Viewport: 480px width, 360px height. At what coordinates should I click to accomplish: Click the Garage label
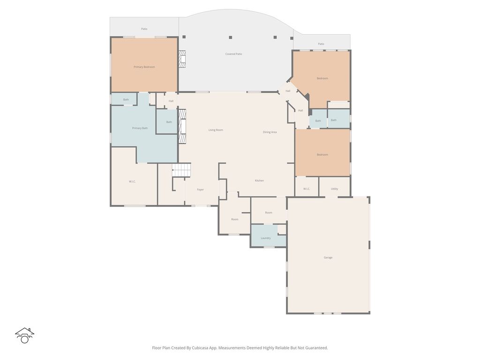click(328, 257)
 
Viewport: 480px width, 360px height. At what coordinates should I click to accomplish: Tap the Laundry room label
click(266, 238)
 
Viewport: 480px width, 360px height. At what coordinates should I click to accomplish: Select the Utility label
click(334, 189)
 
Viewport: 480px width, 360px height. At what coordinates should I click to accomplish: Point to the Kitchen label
click(259, 180)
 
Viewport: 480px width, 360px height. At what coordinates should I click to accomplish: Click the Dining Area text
click(270, 132)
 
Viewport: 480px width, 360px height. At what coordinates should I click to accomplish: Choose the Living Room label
click(216, 130)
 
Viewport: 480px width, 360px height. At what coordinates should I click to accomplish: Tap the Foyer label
click(200, 190)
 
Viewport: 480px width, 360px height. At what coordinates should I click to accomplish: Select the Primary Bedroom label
click(144, 67)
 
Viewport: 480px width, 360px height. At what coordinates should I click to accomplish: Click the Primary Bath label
click(140, 128)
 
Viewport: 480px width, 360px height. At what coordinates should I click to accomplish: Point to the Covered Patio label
click(233, 54)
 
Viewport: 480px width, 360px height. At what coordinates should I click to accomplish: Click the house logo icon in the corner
click(25, 335)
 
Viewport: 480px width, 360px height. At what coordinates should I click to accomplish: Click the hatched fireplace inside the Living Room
click(183, 127)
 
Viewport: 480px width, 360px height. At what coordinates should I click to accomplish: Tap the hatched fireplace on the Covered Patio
click(182, 59)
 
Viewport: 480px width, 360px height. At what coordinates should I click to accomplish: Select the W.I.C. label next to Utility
click(307, 189)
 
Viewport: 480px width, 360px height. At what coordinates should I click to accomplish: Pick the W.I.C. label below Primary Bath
click(132, 181)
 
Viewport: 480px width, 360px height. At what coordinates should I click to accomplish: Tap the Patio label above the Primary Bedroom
click(144, 29)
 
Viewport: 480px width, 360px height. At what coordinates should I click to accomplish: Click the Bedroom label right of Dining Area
click(322, 155)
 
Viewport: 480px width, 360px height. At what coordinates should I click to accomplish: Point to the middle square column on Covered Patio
click(230, 37)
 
